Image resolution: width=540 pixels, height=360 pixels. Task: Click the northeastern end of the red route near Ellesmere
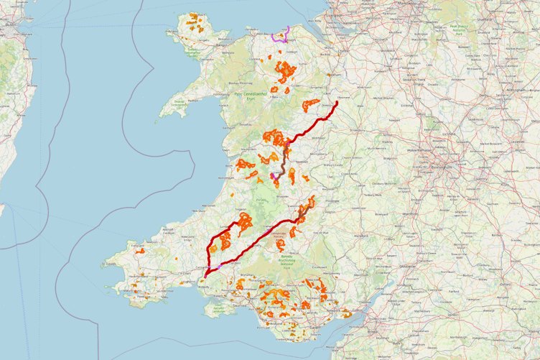[337, 101]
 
